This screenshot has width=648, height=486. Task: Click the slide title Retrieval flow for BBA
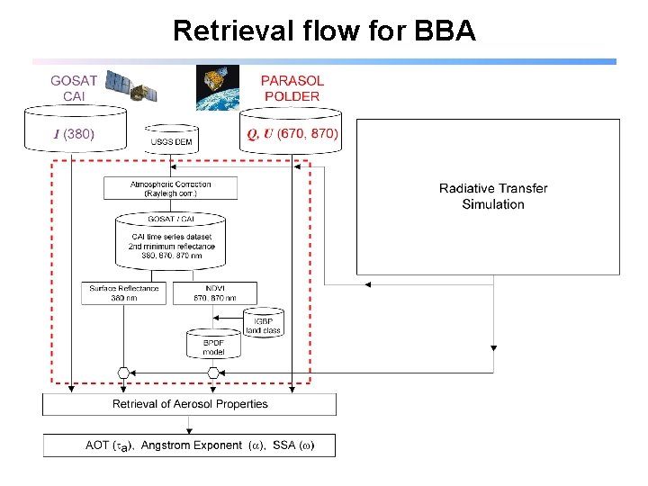(x=324, y=31)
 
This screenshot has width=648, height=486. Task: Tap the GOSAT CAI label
(x=74, y=88)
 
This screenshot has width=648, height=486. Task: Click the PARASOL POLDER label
(x=292, y=88)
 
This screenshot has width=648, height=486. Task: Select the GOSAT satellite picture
(x=131, y=86)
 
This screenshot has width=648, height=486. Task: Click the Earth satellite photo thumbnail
(x=218, y=87)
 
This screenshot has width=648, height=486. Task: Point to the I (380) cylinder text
(x=73, y=135)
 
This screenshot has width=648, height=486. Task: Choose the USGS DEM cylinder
(x=171, y=139)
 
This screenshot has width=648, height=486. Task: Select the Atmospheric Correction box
(x=170, y=188)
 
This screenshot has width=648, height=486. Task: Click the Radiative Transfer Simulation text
(x=492, y=196)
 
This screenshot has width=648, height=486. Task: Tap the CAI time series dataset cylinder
(x=170, y=239)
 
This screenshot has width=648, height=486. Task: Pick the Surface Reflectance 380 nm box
(x=124, y=292)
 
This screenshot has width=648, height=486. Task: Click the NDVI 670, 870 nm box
(x=213, y=292)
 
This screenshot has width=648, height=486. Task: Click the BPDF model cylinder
(x=213, y=343)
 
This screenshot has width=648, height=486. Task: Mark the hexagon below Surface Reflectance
(x=124, y=373)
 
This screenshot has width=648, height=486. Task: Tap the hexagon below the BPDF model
(x=213, y=373)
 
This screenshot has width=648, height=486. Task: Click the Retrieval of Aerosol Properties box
(x=190, y=404)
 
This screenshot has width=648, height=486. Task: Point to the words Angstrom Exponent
(x=192, y=445)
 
